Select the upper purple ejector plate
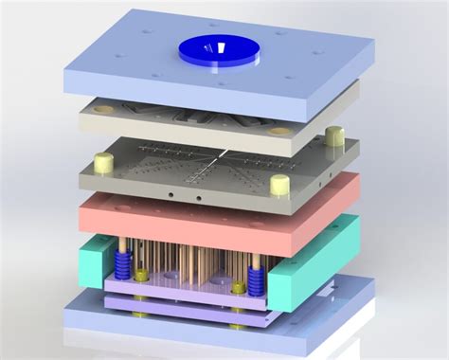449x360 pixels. tap(180, 290)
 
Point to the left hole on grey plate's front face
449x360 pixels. tap(171, 196)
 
